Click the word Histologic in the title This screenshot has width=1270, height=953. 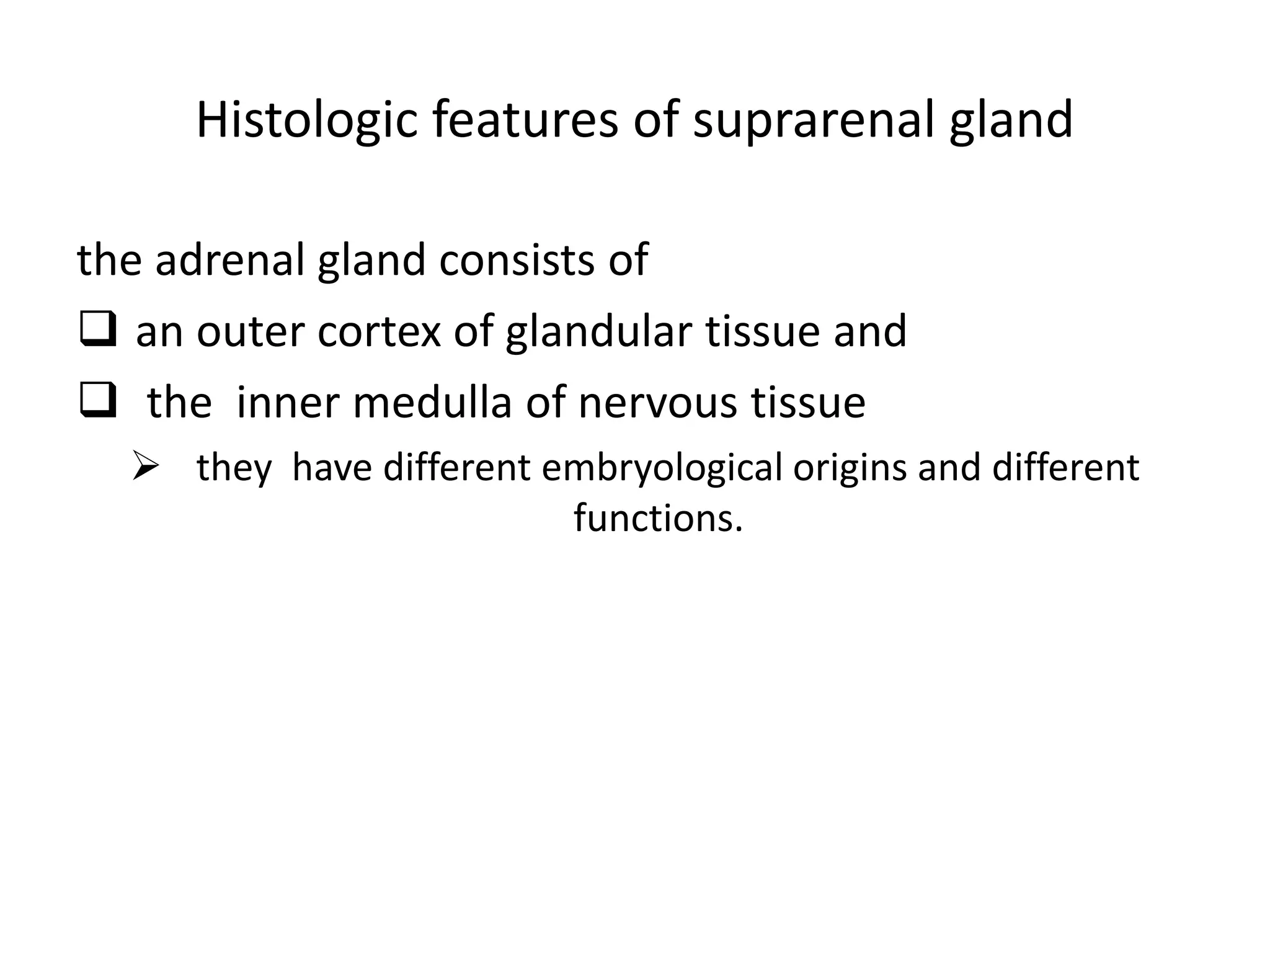click(x=306, y=120)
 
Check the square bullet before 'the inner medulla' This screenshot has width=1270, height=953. click(x=98, y=403)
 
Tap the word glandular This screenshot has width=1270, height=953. click(x=598, y=331)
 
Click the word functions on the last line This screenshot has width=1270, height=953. click(x=658, y=518)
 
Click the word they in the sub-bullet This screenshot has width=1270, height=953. click(x=234, y=468)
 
